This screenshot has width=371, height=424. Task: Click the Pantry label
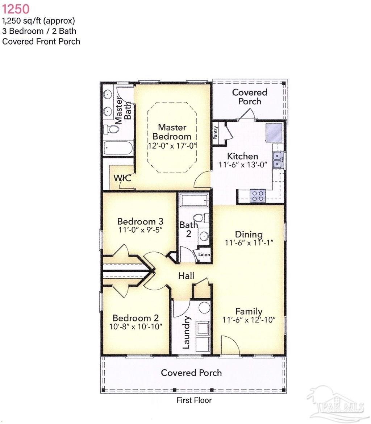[216, 133]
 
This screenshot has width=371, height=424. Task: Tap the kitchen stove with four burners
[258, 196]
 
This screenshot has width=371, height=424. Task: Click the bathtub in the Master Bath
[118, 149]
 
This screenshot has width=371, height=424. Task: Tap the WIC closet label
[122, 178]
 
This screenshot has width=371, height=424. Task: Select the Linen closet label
[204, 255]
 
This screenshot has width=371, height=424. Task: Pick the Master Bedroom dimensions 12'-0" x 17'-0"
[172, 146]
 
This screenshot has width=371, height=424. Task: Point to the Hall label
[186, 276]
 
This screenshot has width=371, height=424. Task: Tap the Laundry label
[186, 332]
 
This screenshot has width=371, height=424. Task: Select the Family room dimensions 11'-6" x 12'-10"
[249, 320]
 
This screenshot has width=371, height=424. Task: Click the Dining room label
[249, 234]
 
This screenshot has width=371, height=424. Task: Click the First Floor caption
[194, 400]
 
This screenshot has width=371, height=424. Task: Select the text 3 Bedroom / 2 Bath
[39, 31]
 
